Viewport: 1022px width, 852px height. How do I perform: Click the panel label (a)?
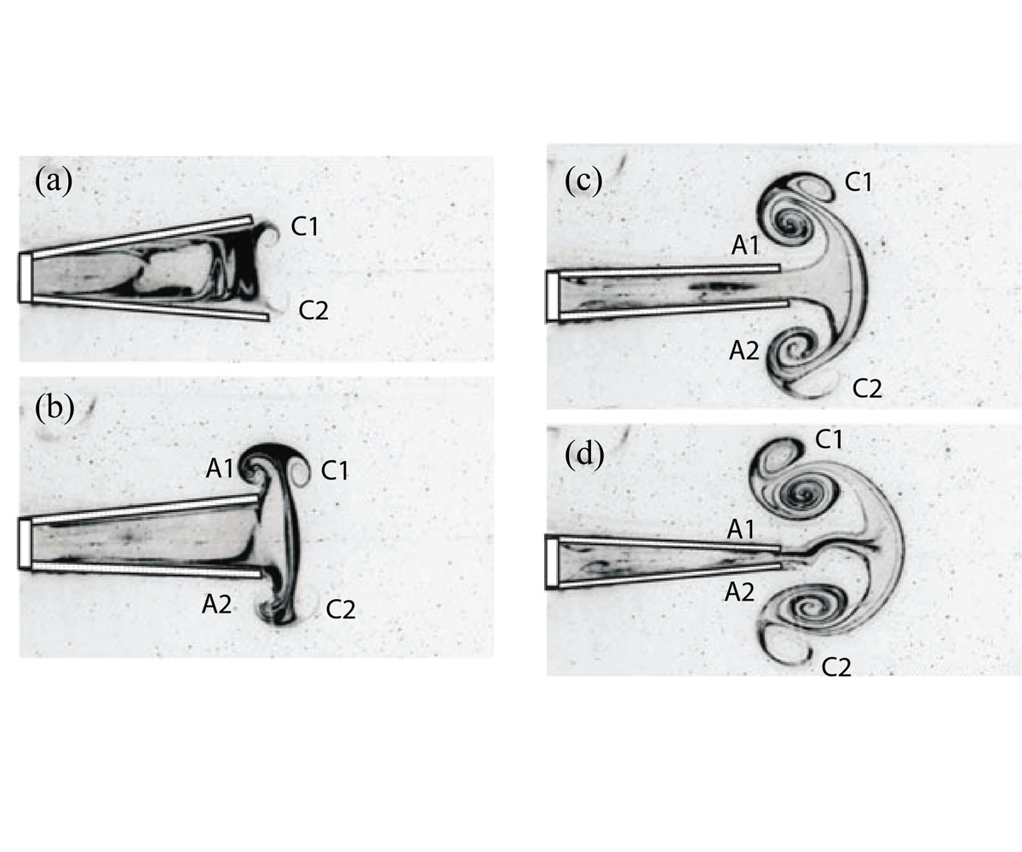point(54,181)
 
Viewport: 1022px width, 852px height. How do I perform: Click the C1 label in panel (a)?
point(304,227)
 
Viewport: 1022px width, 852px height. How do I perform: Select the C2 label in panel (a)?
point(313,310)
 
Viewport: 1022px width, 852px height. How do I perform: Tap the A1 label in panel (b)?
point(220,469)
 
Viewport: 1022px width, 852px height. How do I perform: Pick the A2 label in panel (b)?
point(217,605)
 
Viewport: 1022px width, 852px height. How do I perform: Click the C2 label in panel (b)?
point(341,609)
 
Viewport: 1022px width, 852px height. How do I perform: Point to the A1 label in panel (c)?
point(745,245)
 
